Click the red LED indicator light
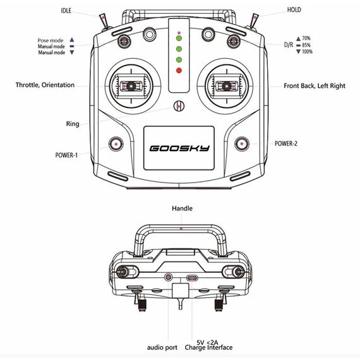[179, 70]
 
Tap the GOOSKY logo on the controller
[179, 148]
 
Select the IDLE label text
[66, 11]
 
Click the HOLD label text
[294, 9]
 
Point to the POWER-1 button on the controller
[116, 144]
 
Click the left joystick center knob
[131, 86]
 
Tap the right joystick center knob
[227, 86]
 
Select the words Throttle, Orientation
[45, 85]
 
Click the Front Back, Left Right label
[315, 86]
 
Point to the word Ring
[73, 124]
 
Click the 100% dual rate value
[307, 51]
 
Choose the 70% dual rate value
[306, 38]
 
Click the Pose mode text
[51, 40]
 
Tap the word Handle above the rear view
[183, 208]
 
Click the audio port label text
[162, 347]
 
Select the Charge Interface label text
[208, 347]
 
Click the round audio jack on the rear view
[169, 277]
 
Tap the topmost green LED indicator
[179, 38]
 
